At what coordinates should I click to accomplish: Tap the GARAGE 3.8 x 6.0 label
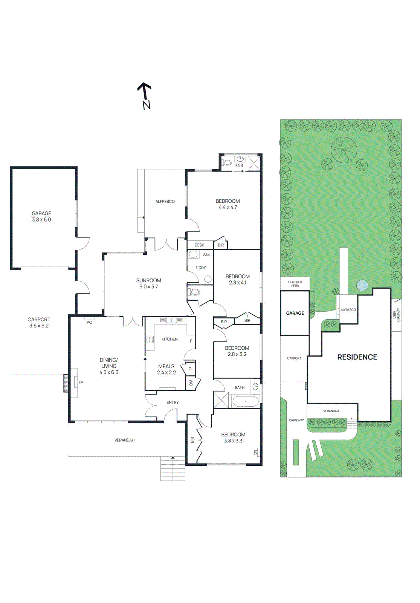tap(41, 216)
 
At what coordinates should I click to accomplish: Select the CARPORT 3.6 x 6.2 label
tap(39, 323)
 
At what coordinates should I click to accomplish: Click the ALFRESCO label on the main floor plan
tap(165, 202)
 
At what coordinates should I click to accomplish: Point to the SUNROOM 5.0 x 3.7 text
tap(148, 283)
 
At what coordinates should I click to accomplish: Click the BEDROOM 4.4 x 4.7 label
tap(228, 204)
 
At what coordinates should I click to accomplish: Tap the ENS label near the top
tap(239, 165)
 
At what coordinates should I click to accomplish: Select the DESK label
tap(199, 245)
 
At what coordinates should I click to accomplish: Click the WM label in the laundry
tap(206, 255)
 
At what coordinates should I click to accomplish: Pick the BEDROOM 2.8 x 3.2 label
tap(237, 351)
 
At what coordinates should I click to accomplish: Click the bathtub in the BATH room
tap(246, 401)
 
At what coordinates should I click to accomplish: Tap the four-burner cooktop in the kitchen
tap(150, 339)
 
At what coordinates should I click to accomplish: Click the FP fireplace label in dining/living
tap(81, 383)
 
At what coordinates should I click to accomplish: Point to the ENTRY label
tap(173, 403)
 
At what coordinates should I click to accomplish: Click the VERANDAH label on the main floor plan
tap(124, 440)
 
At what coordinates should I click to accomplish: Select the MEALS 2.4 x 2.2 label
tap(166, 369)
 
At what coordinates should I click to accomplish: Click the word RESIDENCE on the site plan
tap(357, 357)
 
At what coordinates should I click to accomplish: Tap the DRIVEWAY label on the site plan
tap(296, 420)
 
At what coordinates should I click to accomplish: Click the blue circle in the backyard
tap(362, 285)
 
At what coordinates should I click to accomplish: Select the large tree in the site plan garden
tap(344, 150)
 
